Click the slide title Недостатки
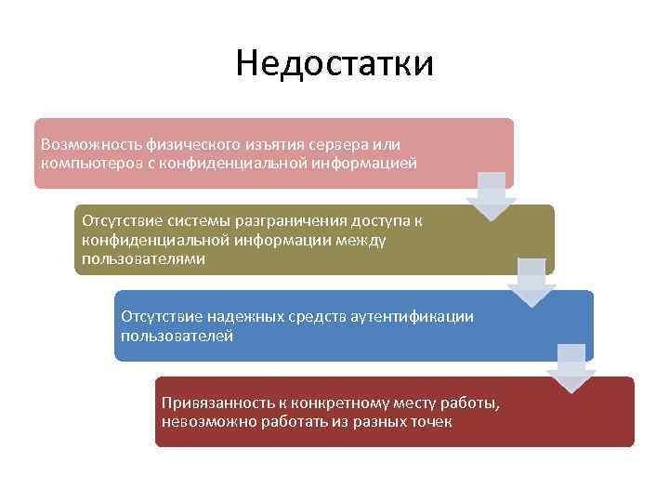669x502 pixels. tap(334, 64)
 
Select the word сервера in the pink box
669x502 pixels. tap(338, 145)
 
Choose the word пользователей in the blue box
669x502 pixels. tap(177, 336)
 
